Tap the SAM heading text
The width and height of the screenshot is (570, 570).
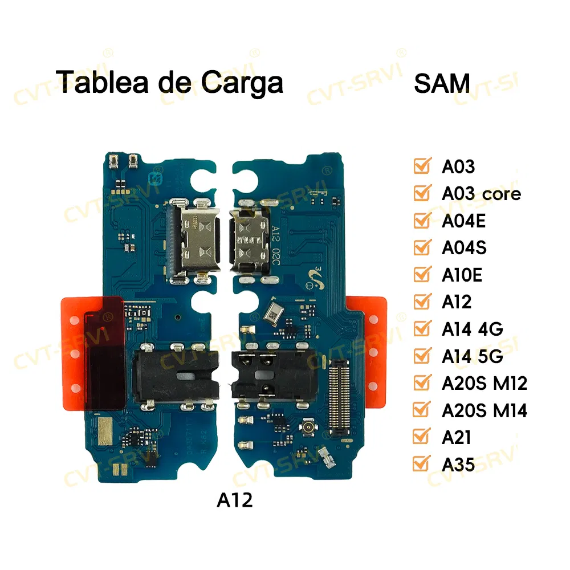tap(442, 83)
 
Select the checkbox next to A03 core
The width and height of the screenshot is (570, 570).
tap(422, 193)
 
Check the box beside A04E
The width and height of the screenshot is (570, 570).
tap(422, 220)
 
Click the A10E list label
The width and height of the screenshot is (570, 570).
tap(462, 275)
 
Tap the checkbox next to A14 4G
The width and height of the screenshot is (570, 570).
tap(422, 329)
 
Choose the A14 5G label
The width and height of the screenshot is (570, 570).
tap(472, 356)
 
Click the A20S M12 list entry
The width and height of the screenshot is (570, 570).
tap(484, 383)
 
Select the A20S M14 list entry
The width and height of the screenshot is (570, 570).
tap(484, 410)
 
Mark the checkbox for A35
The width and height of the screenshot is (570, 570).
tap(422, 464)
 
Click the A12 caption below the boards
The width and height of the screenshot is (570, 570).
tap(234, 500)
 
